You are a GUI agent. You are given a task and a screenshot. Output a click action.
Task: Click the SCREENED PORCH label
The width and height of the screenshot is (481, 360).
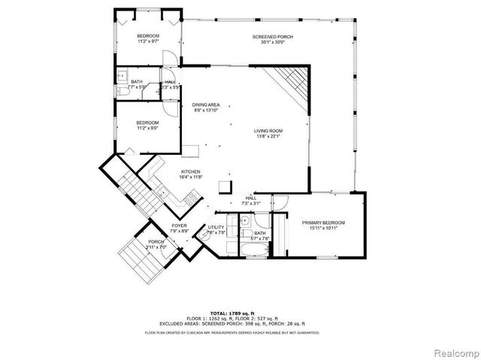coord(271,36)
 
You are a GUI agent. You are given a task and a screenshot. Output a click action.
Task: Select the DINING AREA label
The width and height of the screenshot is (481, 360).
coord(205,105)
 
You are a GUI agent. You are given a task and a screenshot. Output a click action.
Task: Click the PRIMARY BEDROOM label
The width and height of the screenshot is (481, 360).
coord(323,222)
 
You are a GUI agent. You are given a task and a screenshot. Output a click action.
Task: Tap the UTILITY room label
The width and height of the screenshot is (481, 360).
coord(216,226)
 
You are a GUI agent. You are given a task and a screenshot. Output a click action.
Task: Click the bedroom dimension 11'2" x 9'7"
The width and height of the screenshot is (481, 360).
coord(147,42)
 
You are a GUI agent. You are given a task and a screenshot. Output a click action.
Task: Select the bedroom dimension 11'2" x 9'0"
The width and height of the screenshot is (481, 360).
coord(147,128)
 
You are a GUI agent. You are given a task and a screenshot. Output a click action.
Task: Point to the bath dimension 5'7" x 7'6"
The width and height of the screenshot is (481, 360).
coord(260,239)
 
